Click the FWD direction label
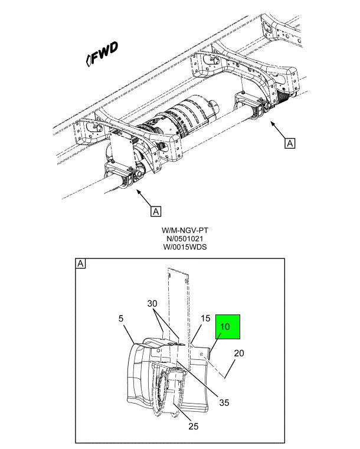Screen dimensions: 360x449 click(x=102, y=54)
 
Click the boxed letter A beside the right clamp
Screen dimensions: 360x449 click(x=290, y=143)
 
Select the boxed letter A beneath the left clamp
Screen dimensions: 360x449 click(x=156, y=211)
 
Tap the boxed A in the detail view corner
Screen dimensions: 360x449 click(x=80, y=264)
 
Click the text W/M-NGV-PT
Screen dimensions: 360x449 click(x=185, y=230)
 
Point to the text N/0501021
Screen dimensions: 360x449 click(x=185, y=238)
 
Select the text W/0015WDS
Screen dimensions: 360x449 click(x=185, y=247)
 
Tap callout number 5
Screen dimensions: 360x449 click(x=121, y=318)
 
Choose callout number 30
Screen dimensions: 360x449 click(x=152, y=303)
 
